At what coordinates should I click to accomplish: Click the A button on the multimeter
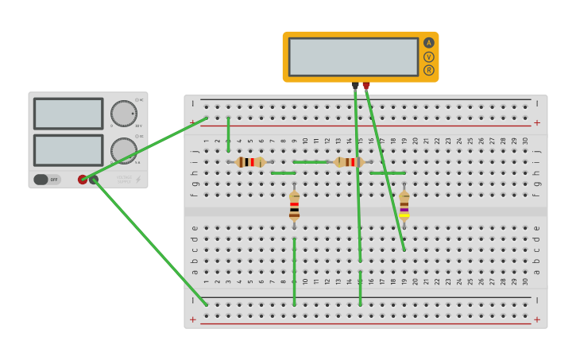pos(429,43)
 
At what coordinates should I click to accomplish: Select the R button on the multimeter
pos(429,70)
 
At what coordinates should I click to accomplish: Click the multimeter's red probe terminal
pos(366,85)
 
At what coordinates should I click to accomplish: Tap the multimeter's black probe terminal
pos(355,85)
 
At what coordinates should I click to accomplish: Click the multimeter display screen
pos(354,56)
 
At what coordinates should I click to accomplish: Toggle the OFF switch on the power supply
pos(47,180)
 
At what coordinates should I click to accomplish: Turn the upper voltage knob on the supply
pos(123,113)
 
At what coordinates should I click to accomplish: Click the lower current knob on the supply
pos(123,150)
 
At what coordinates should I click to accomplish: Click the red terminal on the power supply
pos(83,180)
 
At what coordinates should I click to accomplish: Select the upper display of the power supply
pos(68,114)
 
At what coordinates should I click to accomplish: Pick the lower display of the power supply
pos(68,150)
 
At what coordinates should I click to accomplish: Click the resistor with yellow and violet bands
pos(404,205)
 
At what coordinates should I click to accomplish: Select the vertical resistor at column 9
pos(294,205)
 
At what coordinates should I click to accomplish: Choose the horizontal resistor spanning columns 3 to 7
pos(250,162)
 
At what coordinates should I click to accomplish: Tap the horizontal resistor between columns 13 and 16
pos(350,162)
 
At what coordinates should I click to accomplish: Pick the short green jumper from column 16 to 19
pos(388,172)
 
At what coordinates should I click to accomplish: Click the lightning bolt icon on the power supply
pos(137,180)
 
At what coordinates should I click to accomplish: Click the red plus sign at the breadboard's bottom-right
pos(536,319)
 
